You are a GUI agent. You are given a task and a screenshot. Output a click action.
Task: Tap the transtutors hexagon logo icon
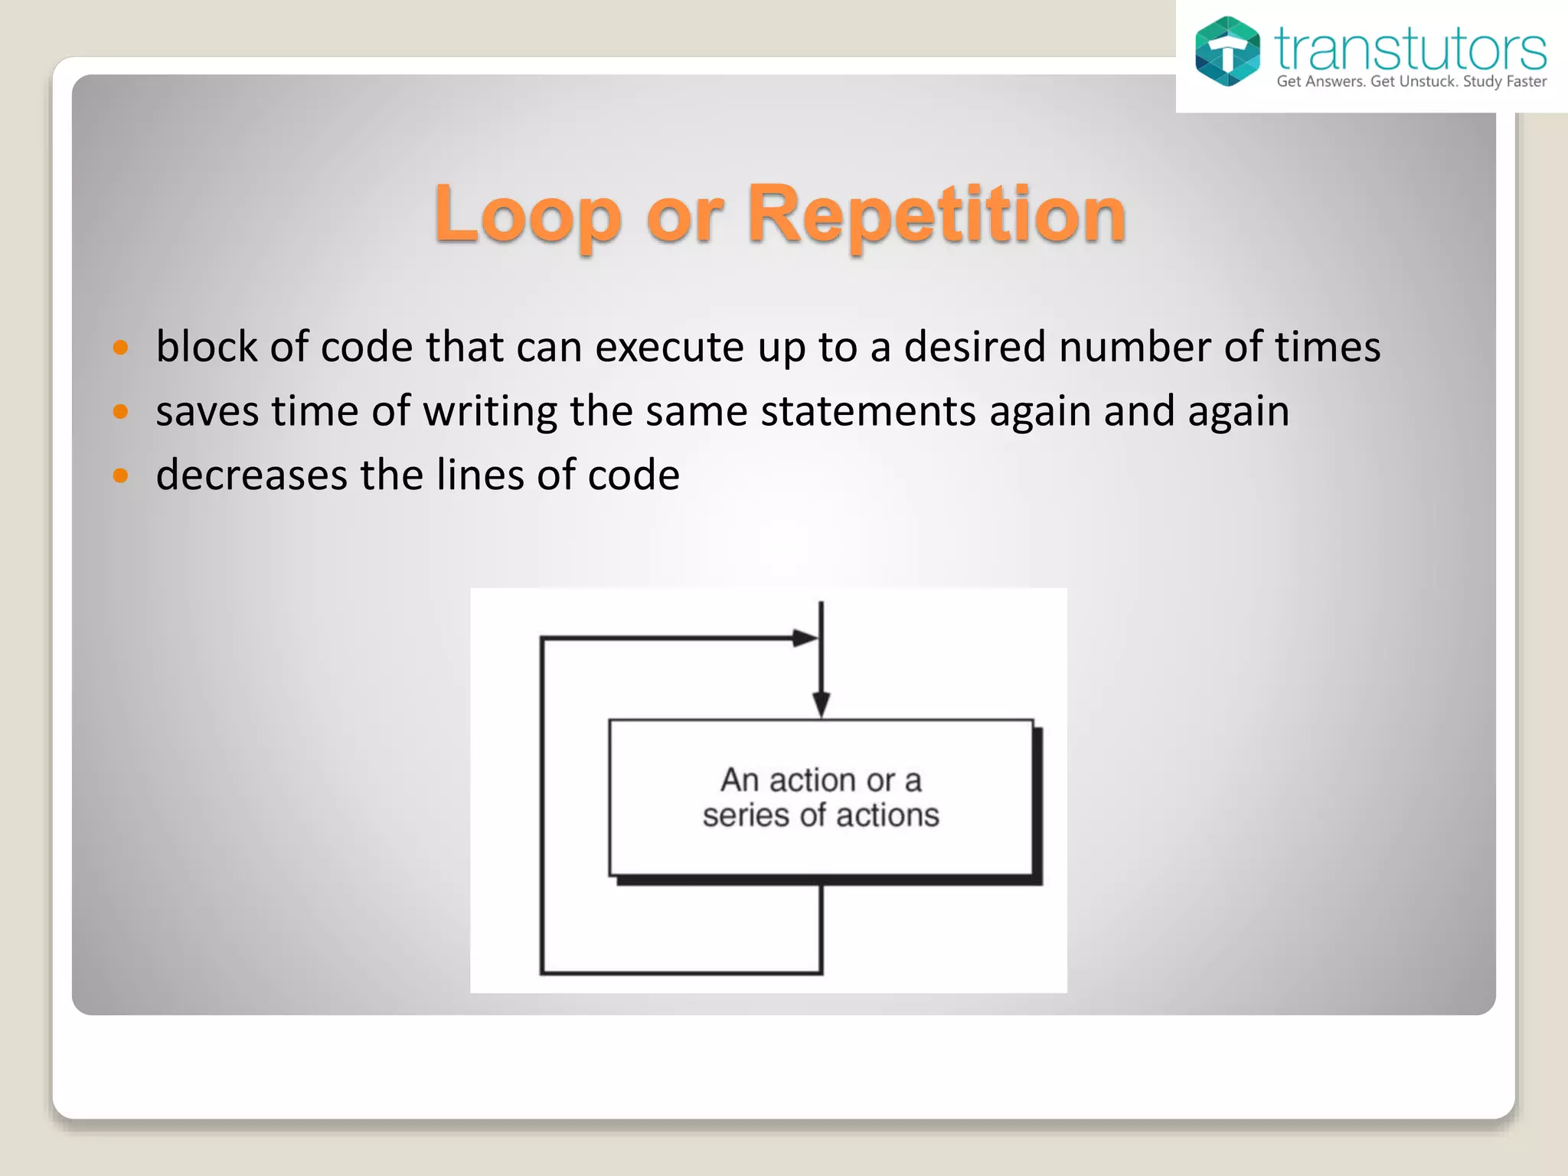coord(1227,51)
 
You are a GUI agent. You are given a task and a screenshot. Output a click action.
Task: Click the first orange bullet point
coord(120,348)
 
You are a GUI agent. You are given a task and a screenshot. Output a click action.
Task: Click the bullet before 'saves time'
coord(120,412)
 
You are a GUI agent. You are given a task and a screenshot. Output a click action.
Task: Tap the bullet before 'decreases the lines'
coord(120,475)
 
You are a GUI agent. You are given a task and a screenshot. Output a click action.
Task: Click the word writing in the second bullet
coord(490,412)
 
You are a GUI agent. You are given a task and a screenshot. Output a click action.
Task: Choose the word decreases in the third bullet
coord(252,475)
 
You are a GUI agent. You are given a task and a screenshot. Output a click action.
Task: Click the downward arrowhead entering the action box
coord(821,703)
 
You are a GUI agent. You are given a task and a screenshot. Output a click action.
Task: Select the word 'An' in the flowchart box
coord(740,780)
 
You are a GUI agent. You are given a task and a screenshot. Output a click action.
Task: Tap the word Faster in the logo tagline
coord(1526,82)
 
